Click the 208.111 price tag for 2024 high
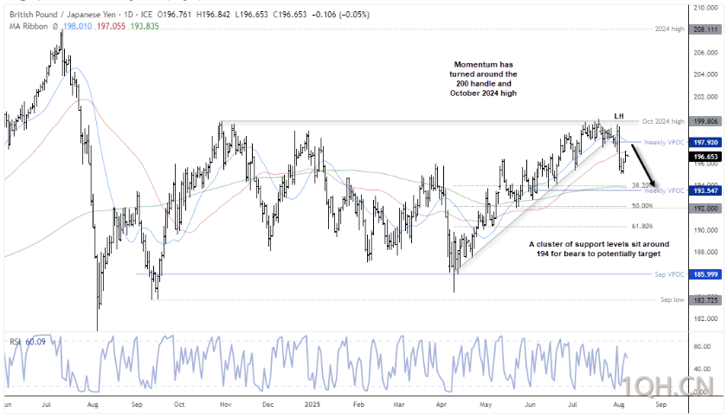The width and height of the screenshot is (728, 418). tap(705, 29)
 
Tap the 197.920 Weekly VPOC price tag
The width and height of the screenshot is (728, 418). tap(705, 141)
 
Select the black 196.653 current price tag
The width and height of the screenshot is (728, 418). tap(705, 157)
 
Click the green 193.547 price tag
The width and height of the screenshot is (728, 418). tap(705, 190)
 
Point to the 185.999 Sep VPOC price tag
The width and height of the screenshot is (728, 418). tap(705, 273)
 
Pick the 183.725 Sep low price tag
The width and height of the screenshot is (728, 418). tap(705, 299)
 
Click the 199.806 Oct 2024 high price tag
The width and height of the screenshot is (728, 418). tap(705, 121)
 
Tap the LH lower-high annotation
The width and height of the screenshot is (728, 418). tap(619, 116)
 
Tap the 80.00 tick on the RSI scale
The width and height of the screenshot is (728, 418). tap(703, 346)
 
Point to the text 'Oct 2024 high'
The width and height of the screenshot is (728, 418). tap(664, 121)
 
